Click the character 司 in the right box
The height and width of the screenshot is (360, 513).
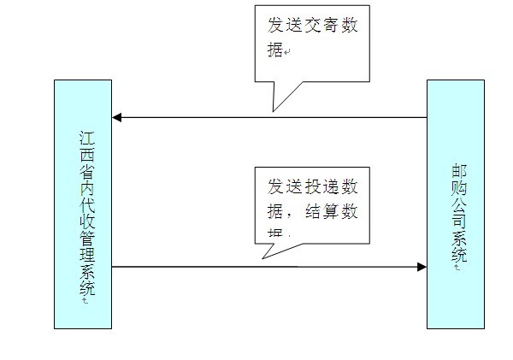tap(458, 222)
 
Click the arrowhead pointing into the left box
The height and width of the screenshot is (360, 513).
tap(118, 117)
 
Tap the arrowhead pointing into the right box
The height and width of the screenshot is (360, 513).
tap(421, 267)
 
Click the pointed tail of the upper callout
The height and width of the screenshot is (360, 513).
tap(274, 109)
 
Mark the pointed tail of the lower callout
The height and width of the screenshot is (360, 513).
tap(264, 256)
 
